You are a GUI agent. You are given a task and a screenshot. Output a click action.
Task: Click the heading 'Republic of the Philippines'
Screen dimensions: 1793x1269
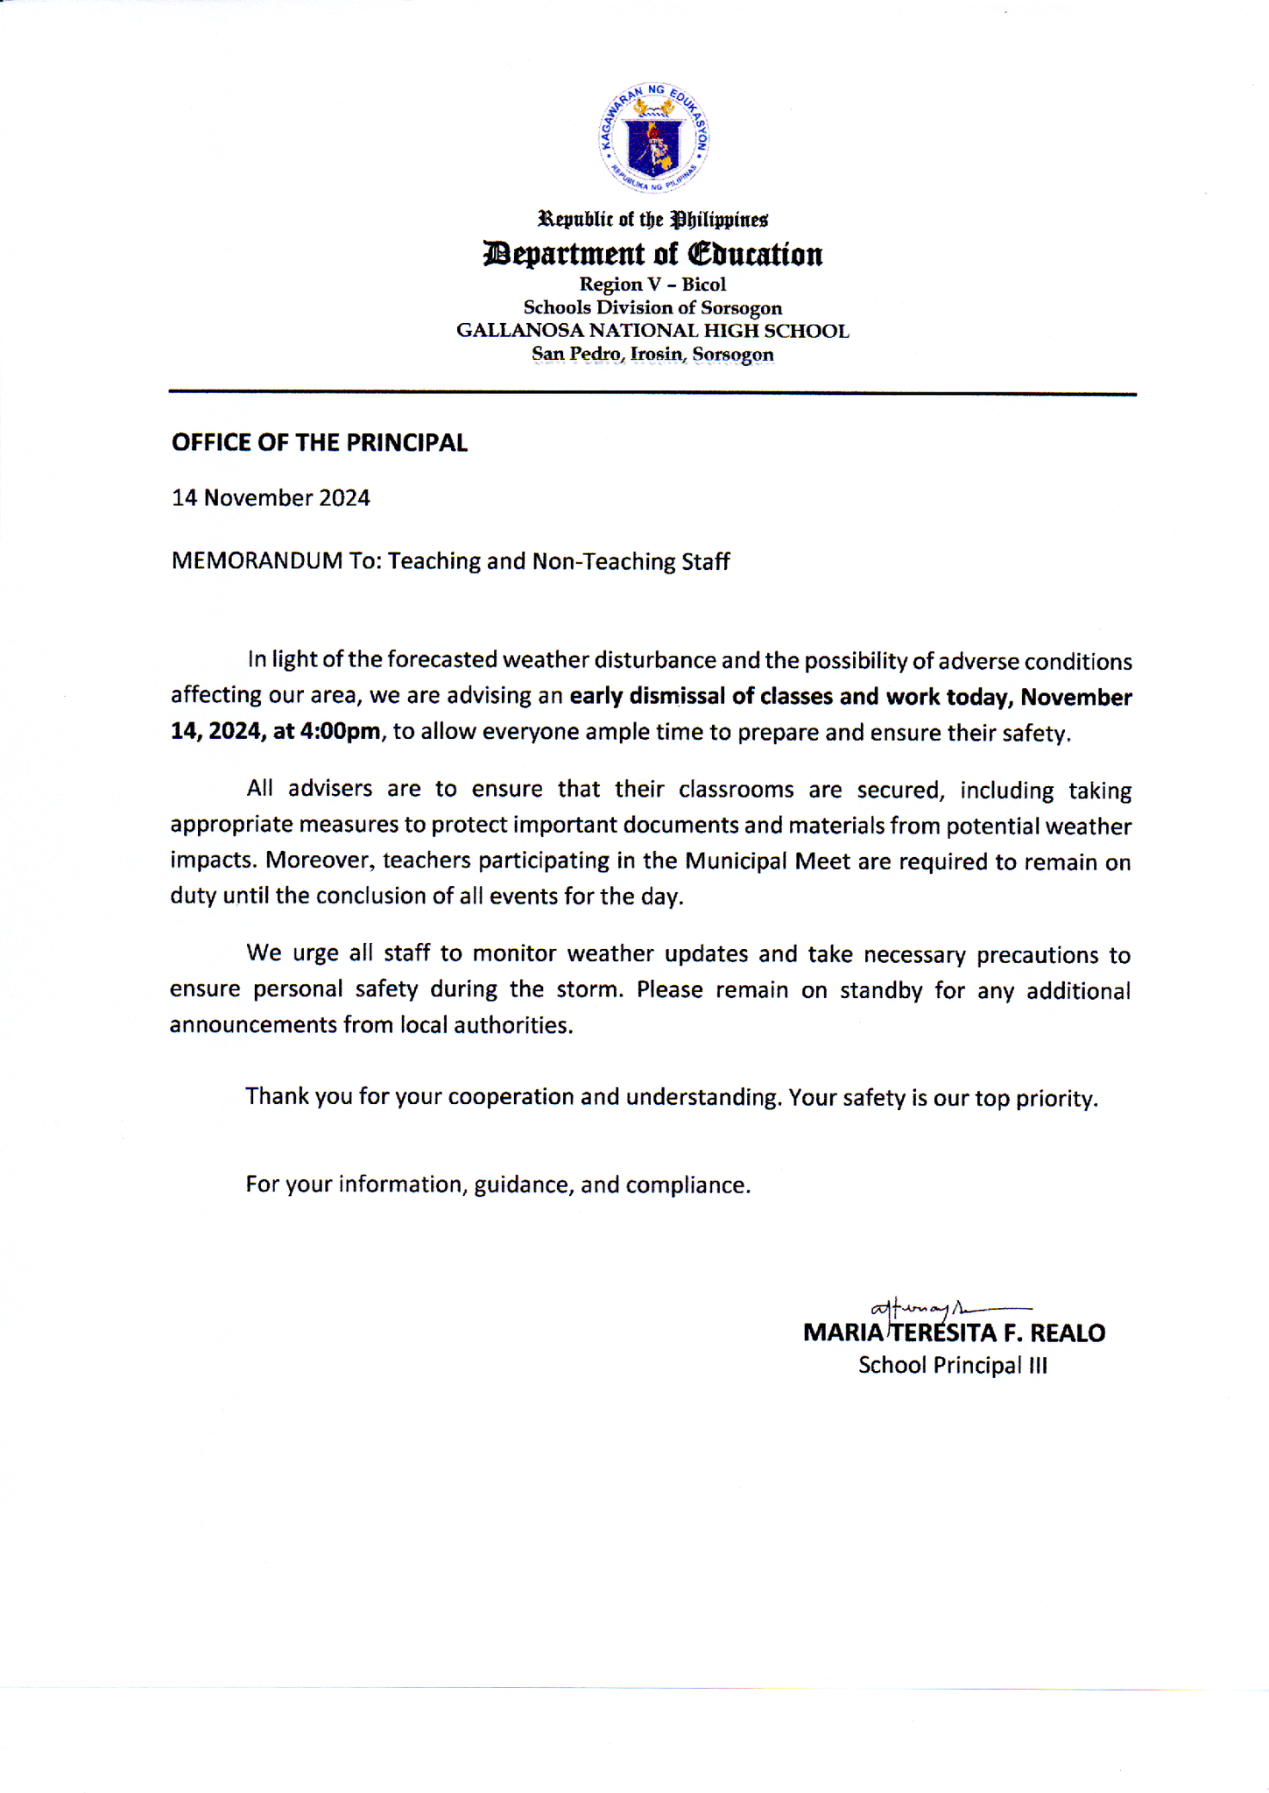point(652,218)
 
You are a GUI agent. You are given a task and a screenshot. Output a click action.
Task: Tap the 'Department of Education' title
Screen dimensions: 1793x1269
point(652,254)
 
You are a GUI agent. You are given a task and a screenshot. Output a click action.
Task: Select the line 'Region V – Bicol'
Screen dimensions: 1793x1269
point(652,285)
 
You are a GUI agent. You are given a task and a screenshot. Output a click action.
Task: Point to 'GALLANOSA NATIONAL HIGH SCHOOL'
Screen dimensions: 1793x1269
point(652,331)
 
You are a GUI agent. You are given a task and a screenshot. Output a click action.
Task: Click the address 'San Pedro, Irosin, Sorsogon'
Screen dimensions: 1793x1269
point(652,355)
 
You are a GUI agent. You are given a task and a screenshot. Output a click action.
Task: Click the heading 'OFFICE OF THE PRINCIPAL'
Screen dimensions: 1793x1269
point(320,443)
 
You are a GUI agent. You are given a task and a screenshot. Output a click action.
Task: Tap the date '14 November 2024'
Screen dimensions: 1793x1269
point(271,498)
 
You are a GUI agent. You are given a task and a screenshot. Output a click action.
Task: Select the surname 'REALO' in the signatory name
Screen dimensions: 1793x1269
point(1068,1333)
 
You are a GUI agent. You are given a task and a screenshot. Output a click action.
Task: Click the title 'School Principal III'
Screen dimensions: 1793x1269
point(952,1366)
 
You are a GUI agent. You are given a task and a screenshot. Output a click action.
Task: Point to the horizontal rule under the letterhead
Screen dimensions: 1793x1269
point(652,393)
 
